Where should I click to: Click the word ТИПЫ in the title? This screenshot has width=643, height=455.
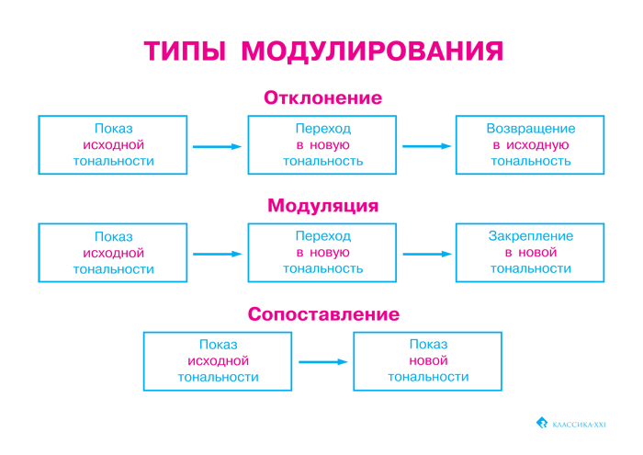[x=186, y=51]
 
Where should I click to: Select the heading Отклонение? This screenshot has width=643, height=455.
[x=322, y=97]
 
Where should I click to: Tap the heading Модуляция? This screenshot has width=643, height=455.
[x=322, y=206]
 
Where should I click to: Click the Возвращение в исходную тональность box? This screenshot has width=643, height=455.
[x=530, y=144]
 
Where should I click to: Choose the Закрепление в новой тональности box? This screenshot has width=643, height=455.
[x=530, y=253]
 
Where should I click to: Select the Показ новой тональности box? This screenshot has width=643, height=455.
[x=427, y=360]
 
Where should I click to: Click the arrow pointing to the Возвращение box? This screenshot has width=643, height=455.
[x=428, y=146]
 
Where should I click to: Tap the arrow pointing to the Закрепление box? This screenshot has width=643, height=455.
[x=428, y=254]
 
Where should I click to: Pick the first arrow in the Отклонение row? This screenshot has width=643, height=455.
[x=217, y=146]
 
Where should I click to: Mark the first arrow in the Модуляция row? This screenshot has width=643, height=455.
[x=217, y=254]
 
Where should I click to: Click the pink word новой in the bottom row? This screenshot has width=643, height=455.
[x=427, y=361]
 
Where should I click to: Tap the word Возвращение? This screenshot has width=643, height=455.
[x=530, y=129]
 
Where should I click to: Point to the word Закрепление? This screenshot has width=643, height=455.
[x=530, y=236]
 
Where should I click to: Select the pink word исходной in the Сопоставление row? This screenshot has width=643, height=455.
[x=218, y=361]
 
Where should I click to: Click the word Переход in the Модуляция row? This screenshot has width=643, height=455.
[x=322, y=236]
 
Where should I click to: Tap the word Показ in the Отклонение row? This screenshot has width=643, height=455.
[x=113, y=129]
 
